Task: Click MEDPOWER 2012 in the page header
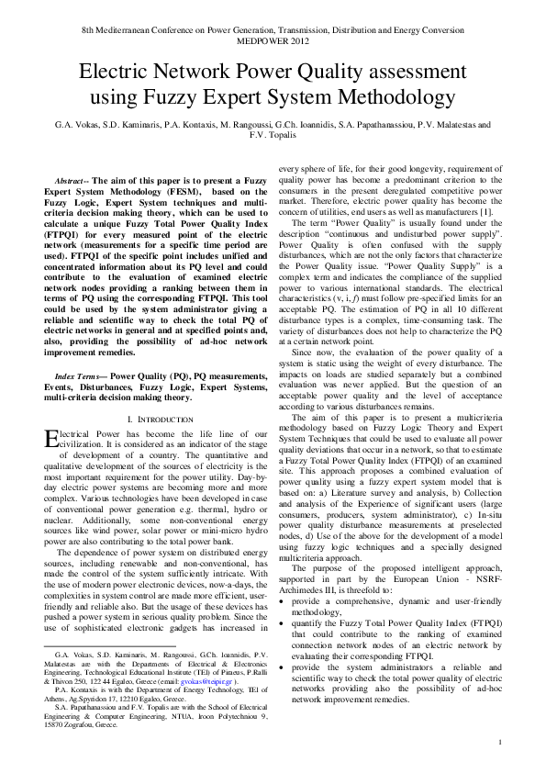[x=273, y=40]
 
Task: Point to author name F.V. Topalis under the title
[x=273, y=134]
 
